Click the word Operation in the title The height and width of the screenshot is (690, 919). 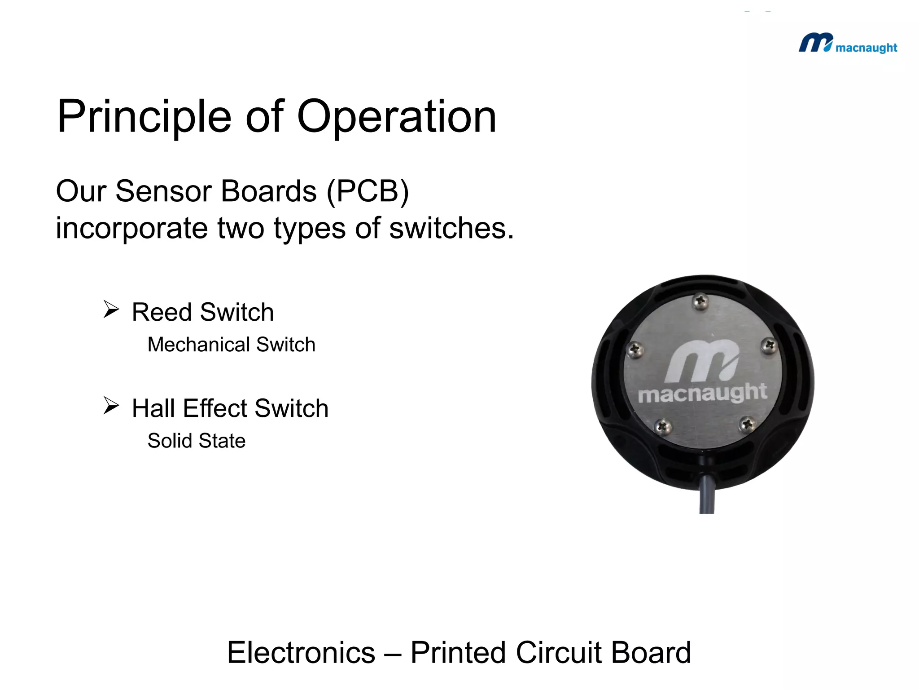click(x=397, y=117)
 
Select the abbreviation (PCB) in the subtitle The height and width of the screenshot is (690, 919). click(x=368, y=192)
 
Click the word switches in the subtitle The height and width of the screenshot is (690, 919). click(x=451, y=228)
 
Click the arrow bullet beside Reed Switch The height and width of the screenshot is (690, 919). click(x=111, y=310)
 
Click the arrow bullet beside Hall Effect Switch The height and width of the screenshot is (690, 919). click(x=111, y=405)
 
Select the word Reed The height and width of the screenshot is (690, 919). click(x=162, y=312)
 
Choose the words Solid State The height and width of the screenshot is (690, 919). click(x=197, y=441)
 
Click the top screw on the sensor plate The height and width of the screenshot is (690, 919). click(x=700, y=301)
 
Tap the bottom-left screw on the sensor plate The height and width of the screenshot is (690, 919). click(x=662, y=426)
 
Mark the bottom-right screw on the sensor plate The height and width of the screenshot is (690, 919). click(x=747, y=424)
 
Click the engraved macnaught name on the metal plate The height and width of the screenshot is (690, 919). click(x=702, y=394)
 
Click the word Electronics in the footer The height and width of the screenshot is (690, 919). click(x=301, y=652)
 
